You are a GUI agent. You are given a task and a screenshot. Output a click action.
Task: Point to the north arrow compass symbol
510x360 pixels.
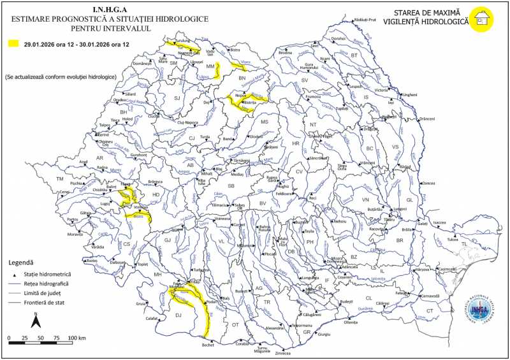[36, 319]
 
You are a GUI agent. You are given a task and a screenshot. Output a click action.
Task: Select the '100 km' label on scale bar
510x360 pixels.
[76, 336]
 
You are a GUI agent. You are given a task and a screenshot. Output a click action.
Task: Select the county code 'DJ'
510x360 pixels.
[178, 315]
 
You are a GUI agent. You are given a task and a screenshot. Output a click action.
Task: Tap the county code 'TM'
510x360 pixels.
[60, 179]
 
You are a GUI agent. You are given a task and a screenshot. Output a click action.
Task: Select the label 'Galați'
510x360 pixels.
[422, 224]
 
